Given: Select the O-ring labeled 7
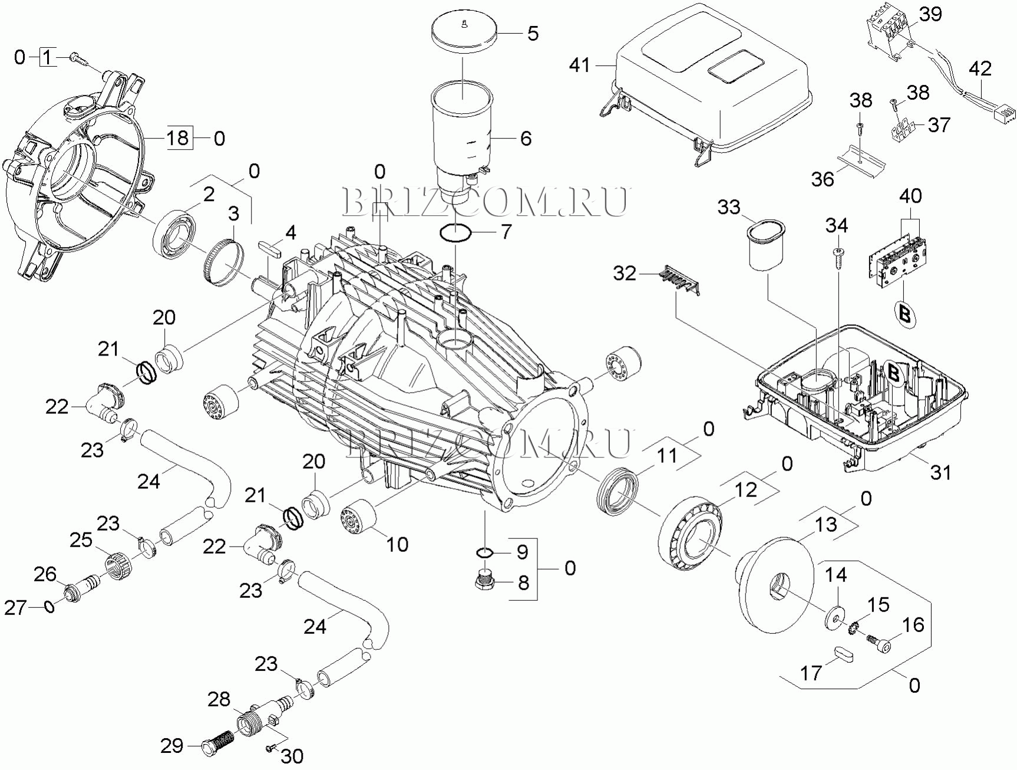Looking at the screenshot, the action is point(455,233).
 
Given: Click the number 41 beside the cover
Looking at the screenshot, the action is point(580,65).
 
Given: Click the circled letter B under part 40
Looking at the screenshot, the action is point(905,313).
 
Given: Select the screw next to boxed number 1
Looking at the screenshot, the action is point(78,57).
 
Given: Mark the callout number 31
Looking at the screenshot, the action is point(940,471).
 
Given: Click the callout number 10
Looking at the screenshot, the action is point(397,544).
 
